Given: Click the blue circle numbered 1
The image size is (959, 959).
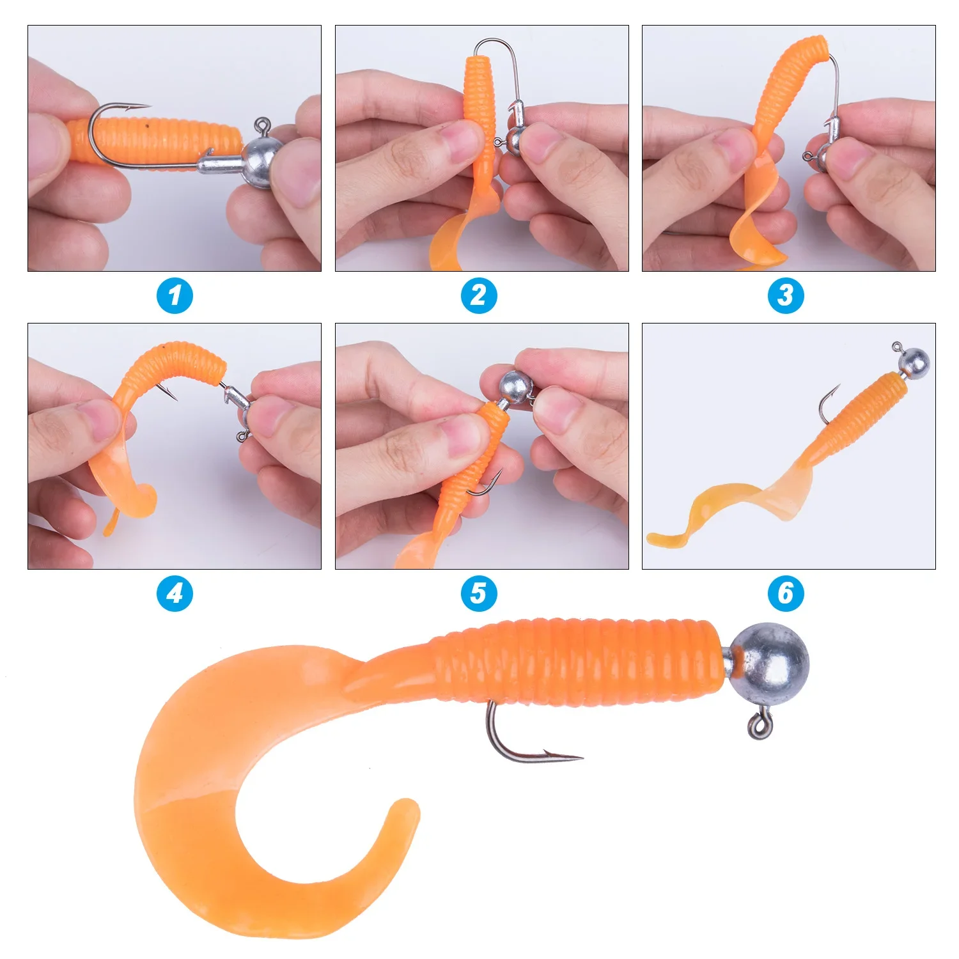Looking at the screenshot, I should point(175,295).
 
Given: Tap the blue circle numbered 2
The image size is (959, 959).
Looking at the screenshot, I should point(479,295).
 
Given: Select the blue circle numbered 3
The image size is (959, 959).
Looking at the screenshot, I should point(786,295).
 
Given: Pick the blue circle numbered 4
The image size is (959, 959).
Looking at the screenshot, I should point(175,593).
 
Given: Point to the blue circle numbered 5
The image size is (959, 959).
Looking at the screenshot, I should point(479,593).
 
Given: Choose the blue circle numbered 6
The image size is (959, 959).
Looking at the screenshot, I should point(786,593).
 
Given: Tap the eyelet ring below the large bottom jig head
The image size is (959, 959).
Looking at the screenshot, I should point(760,726).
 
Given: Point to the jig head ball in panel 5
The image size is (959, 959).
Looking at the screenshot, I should point(516,386).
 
